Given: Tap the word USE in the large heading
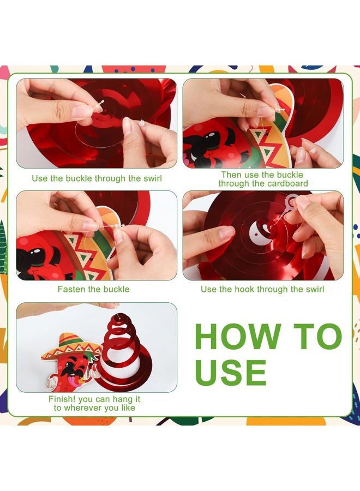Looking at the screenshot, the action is [x=231, y=372].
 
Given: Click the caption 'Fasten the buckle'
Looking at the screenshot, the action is [x=94, y=289].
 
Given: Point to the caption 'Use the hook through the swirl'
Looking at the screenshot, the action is [x=262, y=289].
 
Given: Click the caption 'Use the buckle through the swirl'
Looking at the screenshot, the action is [x=97, y=178].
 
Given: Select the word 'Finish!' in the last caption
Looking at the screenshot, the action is [x=62, y=399].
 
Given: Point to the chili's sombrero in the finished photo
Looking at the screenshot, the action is [x=71, y=346].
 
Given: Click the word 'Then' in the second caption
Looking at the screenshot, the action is [x=231, y=175].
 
